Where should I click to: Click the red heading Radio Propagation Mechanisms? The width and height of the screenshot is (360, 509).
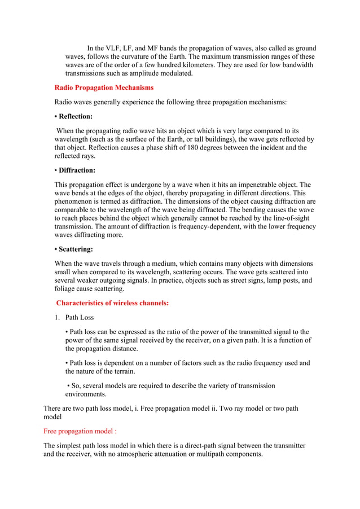click(x=103, y=88)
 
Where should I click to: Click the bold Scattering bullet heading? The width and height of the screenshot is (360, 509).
click(x=76, y=249)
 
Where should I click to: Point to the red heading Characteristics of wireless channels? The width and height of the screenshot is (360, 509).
click(x=112, y=303)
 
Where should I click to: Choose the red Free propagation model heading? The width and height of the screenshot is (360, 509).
click(x=80, y=431)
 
